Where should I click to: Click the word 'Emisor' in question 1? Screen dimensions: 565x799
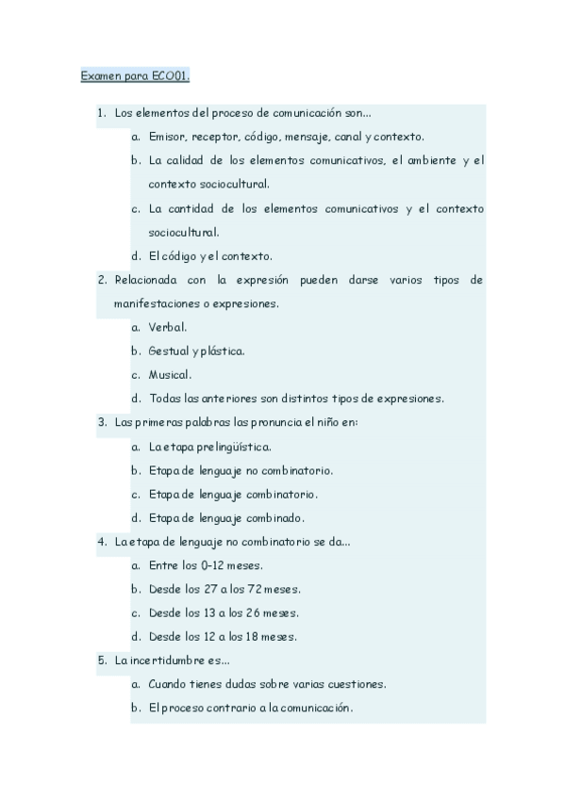166,137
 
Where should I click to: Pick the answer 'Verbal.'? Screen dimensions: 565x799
167,327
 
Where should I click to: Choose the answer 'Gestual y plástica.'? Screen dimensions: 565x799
196,351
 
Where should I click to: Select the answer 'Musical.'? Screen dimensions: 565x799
170,375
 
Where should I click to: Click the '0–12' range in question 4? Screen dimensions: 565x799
213,566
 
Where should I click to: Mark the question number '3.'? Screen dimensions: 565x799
102,422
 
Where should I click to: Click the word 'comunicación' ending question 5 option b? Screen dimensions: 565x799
313,709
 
